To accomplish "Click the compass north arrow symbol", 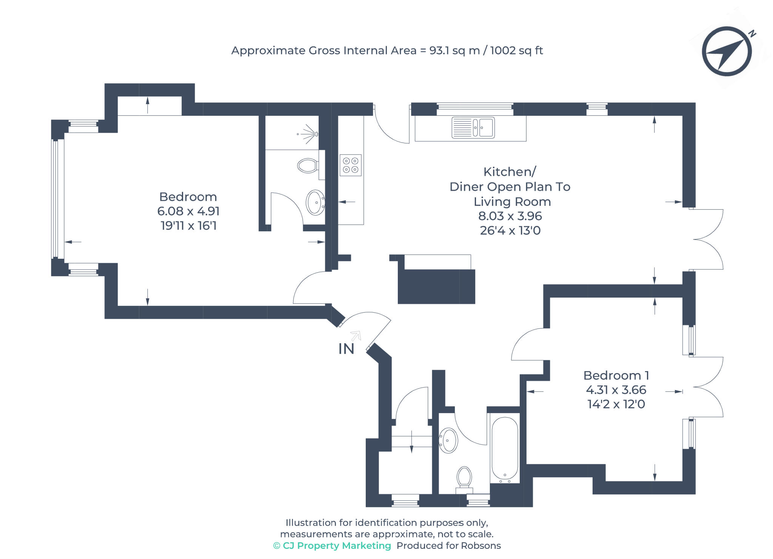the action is pyautogui.click(x=726, y=51).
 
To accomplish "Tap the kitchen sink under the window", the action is pyautogui.click(x=473, y=127).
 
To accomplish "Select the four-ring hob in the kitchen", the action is pyautogui.click(x=350, y=165).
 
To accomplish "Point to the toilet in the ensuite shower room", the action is pyautogui.click(x=308, y=166).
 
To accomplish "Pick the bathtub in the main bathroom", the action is pyautogui.click(x=505, y=449).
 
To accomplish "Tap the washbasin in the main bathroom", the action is pyautogui.click(x=449, y=440).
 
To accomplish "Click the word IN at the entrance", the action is pyautogui.click(x=346, y=349).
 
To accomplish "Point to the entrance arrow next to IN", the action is pyautogui.click(x=356, y=335).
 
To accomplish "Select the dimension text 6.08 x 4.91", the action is pyautogui.click(x=188, y=211).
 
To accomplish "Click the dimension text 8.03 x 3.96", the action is pyautogui.click(x=510, y=216).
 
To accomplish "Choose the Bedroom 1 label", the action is pyautogui.click(x=616, y=376).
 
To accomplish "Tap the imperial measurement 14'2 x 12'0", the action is pyautogui.click(x=616, y=404).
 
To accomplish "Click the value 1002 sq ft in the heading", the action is pyautogui.click(x=516, y=51).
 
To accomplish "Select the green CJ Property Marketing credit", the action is pyautogui.click(x=332, y=546).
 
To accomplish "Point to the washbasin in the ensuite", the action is pyautogui.click(x=316, y=203).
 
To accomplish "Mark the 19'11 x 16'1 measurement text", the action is pyautogui.click(x=188, y=226).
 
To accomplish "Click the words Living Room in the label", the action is pyautogui.click(x=512, y=202).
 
